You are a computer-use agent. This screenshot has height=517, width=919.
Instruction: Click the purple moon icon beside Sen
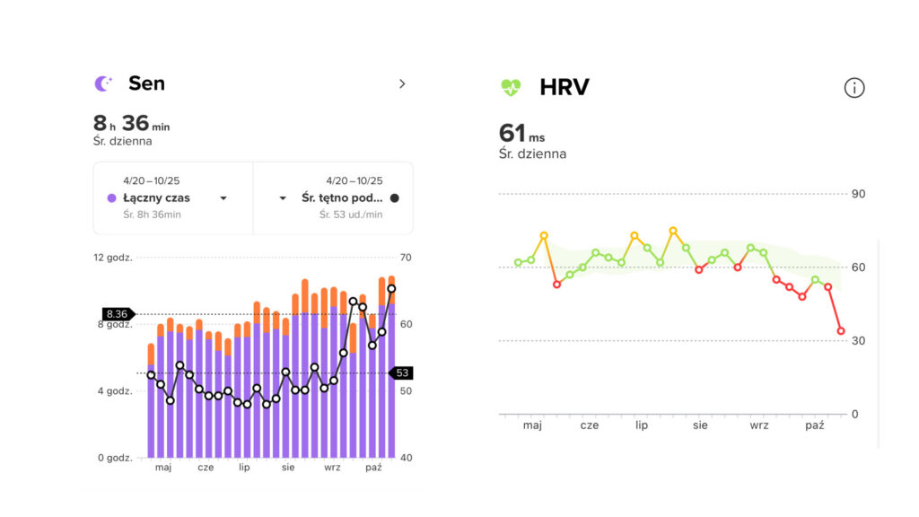[x=104, y=83]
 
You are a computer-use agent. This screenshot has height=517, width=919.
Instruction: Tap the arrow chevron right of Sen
[x=402, y=83]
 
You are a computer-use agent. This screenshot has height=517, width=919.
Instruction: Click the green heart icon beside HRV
[x=511, y=87]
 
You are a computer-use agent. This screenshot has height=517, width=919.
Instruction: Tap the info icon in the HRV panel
[x=854, y=87]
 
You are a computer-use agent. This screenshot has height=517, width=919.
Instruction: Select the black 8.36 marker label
[x=117, y=314]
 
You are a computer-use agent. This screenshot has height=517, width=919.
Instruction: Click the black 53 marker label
[x=402, y=372]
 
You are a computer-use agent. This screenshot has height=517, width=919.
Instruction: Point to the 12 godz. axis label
[x=113, y=258]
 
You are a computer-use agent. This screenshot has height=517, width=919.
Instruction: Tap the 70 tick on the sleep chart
[x=406, y=258]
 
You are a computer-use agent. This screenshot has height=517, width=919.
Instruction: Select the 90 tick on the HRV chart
[x=859, y=194]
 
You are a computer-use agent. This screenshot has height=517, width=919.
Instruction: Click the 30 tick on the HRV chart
[x=859, y=341]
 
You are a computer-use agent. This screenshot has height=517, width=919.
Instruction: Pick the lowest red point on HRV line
[x=841, y=331]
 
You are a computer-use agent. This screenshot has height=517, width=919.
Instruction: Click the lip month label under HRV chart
[x=642, y=425]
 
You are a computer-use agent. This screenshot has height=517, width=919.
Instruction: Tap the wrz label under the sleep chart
[x=332, y=468]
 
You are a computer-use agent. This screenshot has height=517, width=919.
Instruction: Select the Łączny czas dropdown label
[x=157, y=197]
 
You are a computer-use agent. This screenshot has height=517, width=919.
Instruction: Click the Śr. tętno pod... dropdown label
[x=342, y=197]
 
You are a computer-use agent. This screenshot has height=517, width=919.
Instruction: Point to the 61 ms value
[x=521, y=134]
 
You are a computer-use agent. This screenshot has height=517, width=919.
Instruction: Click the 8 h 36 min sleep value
[x=131, y=124]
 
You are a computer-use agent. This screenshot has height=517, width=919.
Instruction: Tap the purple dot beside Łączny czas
[x=111, y=197]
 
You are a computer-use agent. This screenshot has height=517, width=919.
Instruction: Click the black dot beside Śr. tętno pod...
[x=395, y=197]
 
